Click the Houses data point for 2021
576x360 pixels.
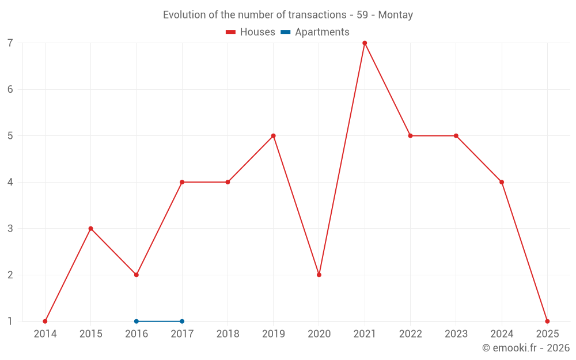365,43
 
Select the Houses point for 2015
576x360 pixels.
90,229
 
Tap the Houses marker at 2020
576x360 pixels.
319,275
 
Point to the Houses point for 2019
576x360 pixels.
273,136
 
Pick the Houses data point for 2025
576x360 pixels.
547,321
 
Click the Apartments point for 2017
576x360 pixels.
182,321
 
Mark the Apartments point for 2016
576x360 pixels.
137,321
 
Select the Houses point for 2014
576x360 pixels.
45,321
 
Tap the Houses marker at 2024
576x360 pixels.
502,182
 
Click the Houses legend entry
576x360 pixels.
251,32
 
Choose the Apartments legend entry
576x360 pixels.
315,32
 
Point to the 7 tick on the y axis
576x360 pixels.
10,43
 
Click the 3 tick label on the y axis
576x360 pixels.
10,229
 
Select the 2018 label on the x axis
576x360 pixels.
228,334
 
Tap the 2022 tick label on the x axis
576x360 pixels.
410,334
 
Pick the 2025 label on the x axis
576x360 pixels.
547,334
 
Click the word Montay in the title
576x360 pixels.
397,15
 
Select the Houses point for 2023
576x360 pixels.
456,136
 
